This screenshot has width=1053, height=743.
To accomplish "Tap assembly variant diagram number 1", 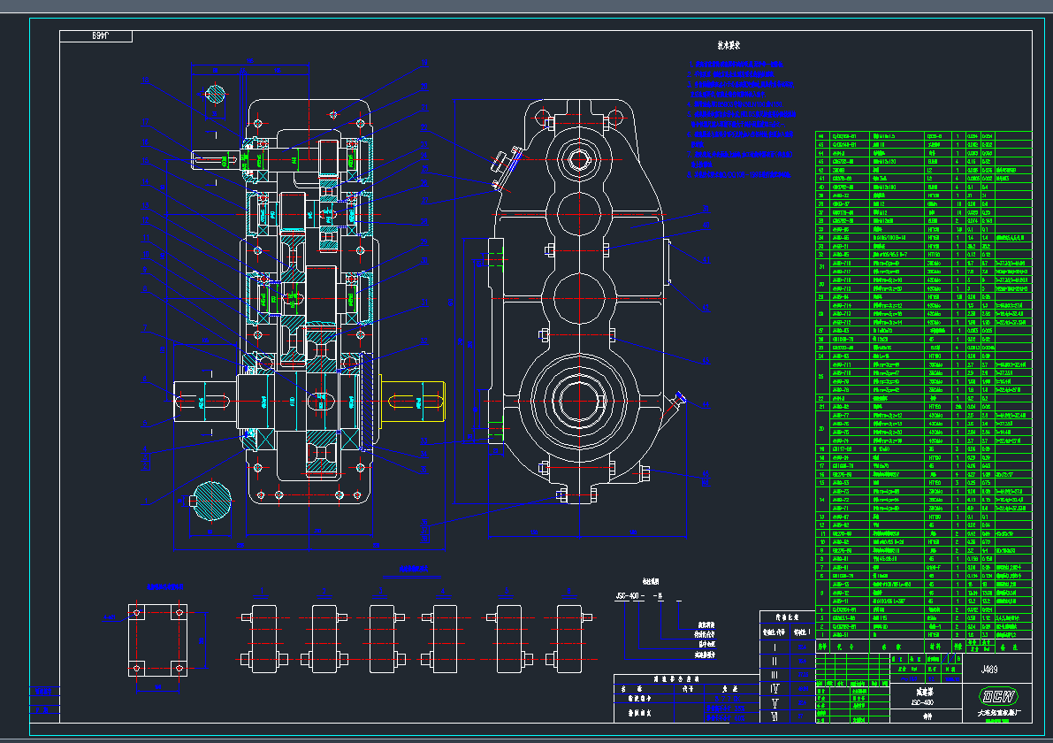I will [263, 632].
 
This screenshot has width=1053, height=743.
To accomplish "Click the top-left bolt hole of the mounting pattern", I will [135, 611].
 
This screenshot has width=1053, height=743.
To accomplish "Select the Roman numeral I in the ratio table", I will [775, 647].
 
